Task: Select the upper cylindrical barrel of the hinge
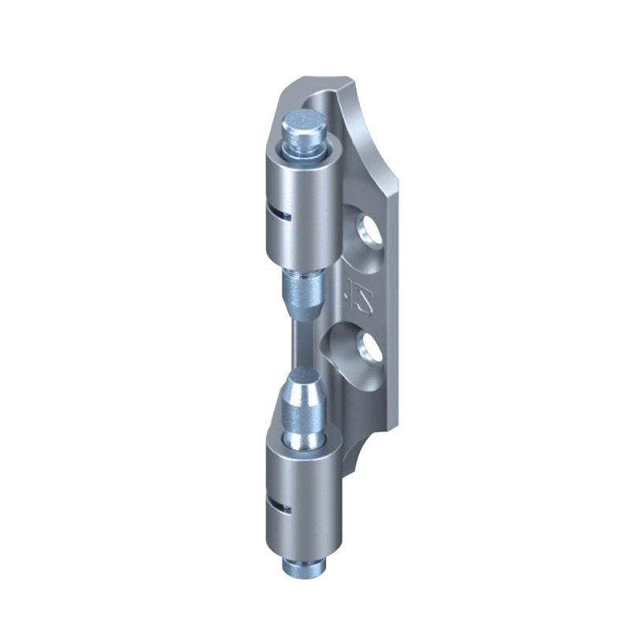[x=302, y=205]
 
